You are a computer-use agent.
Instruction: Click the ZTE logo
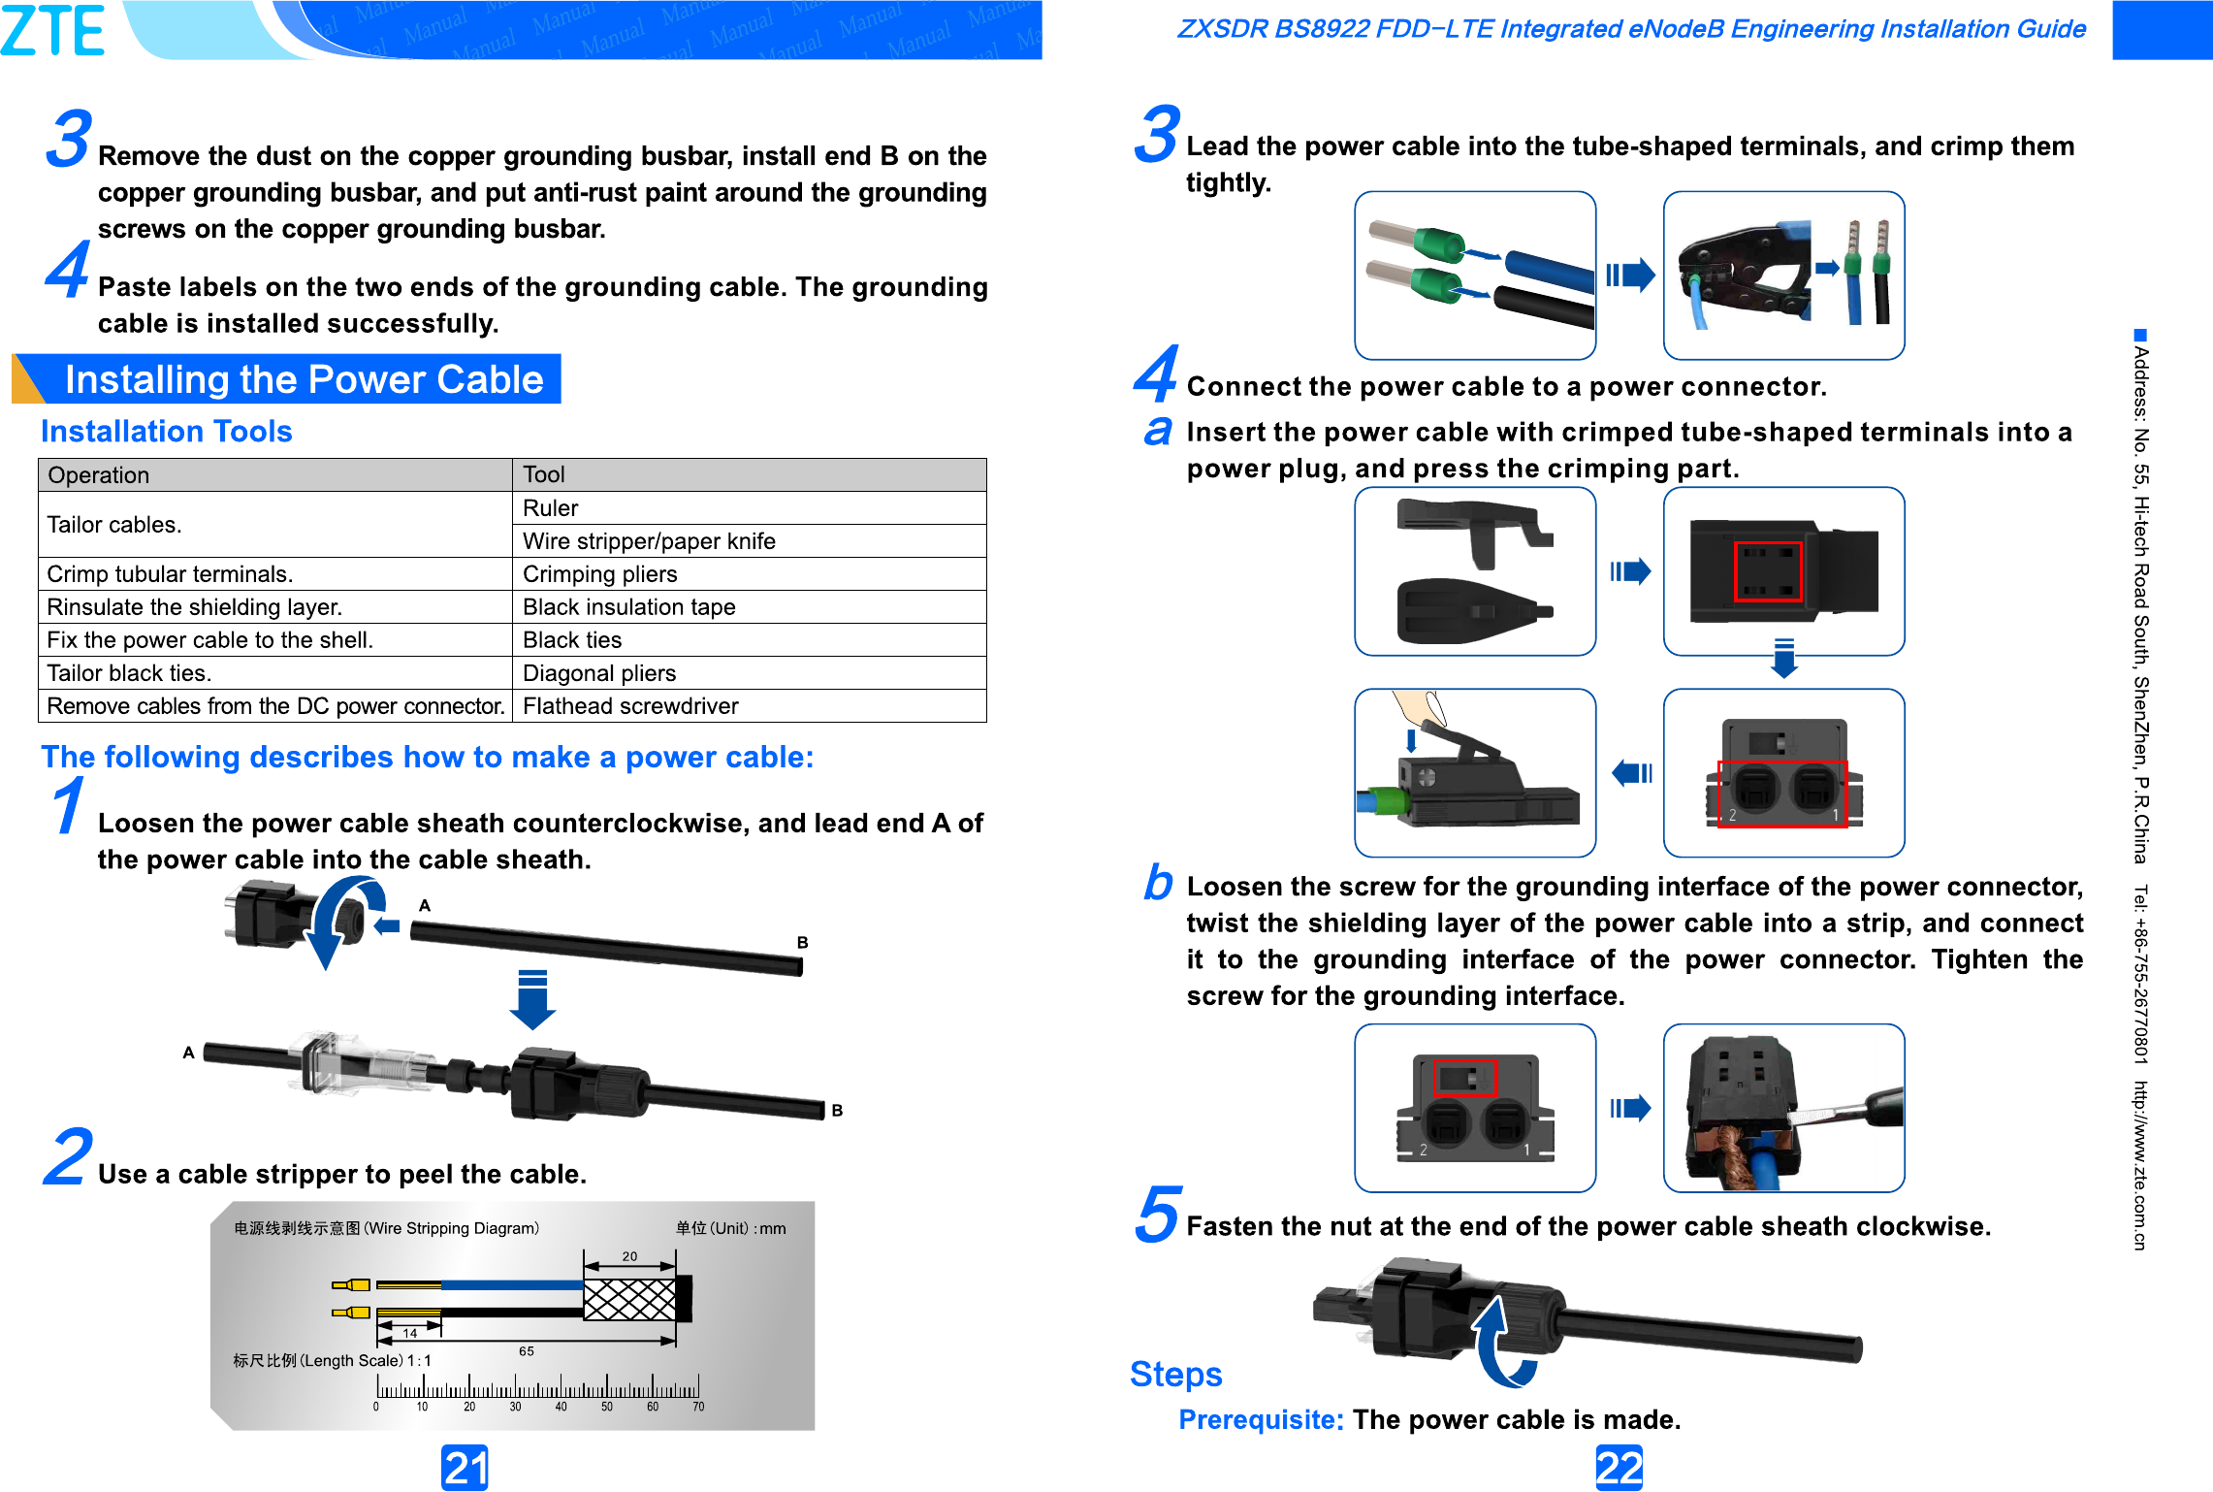point(53,30)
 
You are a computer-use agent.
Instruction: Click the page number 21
point(465,1467)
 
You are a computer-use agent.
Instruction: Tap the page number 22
point(1619,1467)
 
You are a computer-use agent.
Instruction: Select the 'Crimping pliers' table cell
point(599,574)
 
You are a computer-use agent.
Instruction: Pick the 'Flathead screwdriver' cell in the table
point(630,706)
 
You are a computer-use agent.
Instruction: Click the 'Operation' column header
point(99,475)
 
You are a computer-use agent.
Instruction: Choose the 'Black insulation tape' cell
point(628,607)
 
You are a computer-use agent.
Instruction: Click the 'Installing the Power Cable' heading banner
point(303,379)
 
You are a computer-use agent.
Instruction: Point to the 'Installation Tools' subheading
point(166,432)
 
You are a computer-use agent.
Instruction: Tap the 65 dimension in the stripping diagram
point(527,1350)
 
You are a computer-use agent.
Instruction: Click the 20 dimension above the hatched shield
point(629,1256)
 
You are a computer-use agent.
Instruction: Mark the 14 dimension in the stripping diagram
point(410,1333)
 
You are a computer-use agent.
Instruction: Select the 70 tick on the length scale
point(698,1407)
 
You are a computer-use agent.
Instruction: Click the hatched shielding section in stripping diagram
point(628,1299)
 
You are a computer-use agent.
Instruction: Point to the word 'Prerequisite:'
point(1260,1420)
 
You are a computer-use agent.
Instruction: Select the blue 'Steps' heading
point(1175,1375)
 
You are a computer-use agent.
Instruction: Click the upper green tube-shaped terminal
point(1437,243)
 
